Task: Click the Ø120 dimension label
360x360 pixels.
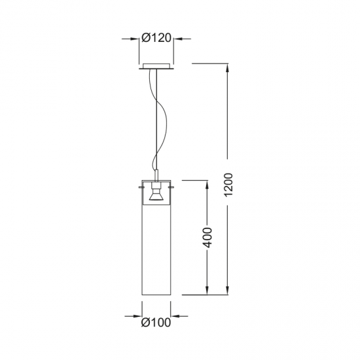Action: pyautogui.click(x=156, y=38)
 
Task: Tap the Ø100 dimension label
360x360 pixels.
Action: pyautogui.click(x=156, y=322)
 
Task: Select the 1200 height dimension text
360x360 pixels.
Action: pyautogui.click(x=228, y=185)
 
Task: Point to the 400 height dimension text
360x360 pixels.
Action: pyautogui.click(x=207, y=238)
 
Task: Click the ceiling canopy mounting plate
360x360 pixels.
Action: pyautogui.click(x=156, y=66)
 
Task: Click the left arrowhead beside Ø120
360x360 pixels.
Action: pyautogui.click(x=135, y=39)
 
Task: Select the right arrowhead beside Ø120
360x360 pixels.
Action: pyautogui.click(x=177, y=39)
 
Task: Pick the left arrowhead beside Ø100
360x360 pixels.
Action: pyautogui.click(x=137, y=316)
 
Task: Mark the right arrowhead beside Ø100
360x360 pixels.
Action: pyautogui.click(x=175, y=316)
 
